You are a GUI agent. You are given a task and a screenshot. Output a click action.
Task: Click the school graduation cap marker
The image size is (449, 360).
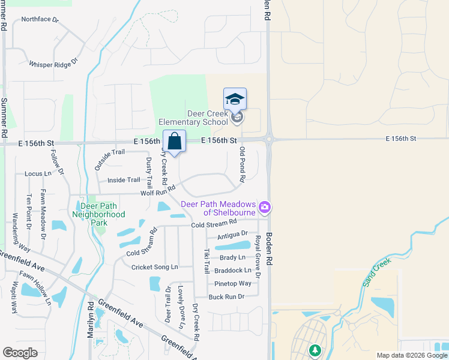point(235,100)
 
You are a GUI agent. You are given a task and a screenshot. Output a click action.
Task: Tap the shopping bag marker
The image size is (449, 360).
point(174,142)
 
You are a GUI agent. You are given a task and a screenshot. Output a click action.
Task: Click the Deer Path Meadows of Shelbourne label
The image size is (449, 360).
point(219,208)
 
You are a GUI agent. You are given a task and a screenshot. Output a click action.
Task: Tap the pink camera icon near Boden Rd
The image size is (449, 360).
point(265,208)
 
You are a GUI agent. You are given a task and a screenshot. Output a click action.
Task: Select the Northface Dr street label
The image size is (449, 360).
point(40,19)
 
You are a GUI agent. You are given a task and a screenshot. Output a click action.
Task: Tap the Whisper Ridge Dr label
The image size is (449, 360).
point(53,63)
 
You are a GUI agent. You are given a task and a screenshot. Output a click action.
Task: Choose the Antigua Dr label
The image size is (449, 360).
point(232,235)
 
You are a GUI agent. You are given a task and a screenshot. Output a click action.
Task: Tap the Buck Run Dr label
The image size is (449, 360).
point(226,297)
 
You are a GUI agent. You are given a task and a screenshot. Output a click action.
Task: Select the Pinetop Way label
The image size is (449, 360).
point(233,284)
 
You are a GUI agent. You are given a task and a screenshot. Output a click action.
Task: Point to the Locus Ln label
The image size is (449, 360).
point(38,174)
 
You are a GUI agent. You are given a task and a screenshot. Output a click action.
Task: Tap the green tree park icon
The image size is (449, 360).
point(313,349)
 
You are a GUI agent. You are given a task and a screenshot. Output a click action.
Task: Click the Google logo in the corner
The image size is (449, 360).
point(20,353)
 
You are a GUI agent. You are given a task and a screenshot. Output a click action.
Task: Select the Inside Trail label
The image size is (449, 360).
point(124,180)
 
